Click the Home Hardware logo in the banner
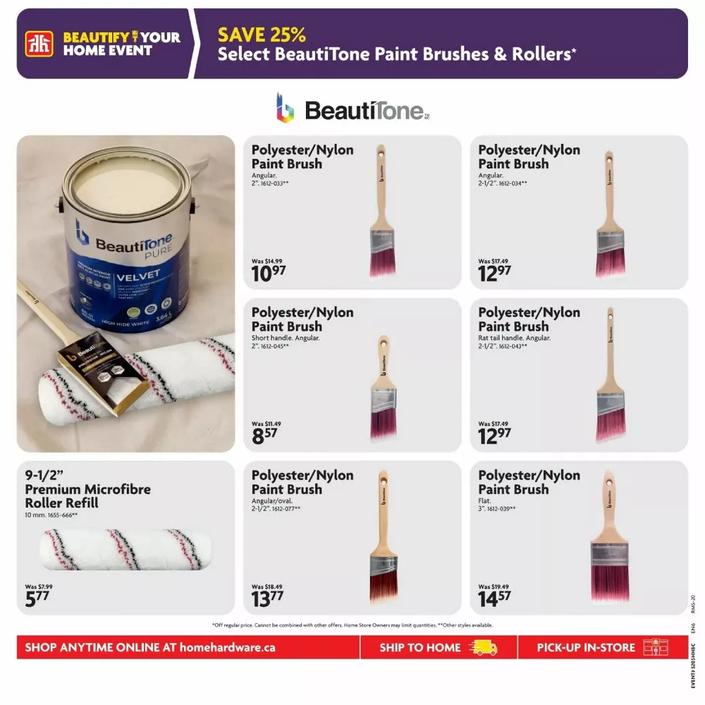(x=38, y=44)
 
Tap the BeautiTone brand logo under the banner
(x=352, y=109)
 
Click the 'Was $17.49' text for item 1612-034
(x=493, y=261)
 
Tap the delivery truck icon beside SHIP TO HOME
(x=483, y=647)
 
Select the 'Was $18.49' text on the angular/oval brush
(x=266, y=587)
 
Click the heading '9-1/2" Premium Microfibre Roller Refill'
(x=88, y=489)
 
